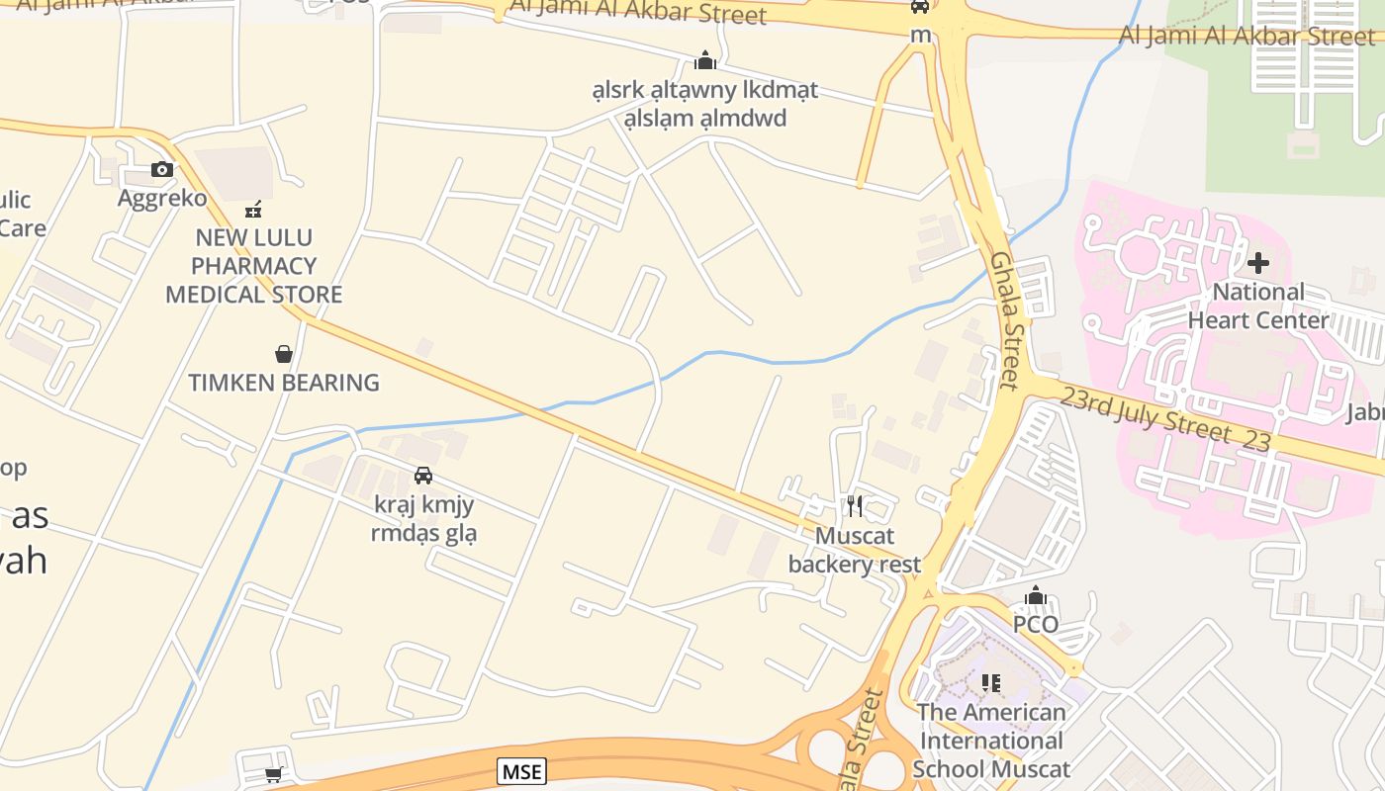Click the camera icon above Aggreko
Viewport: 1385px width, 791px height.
[x=162, y=170]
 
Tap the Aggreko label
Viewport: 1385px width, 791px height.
[x=162, y=199]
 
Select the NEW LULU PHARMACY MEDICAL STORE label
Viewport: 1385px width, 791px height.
[x=254, y=266]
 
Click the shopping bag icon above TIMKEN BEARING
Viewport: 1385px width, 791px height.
[x=284, y=354]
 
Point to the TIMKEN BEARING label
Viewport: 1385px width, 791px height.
[x=284, y=383]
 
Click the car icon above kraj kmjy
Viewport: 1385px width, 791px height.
[x=423, y=476]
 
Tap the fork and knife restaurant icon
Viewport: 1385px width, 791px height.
[x=855, y=507]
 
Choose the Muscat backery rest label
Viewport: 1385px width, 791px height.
[x=855, y=551]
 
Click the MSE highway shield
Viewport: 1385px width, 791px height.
[x=521, y=771]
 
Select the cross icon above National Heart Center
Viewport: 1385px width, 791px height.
[x=1258, y=263]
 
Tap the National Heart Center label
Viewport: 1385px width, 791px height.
[x=1258, y=307]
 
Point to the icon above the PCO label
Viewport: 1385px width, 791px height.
[x=1036, y=595]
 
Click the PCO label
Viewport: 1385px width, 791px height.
[x=1036, y=625]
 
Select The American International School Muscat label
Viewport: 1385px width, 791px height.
[x=991, y=741]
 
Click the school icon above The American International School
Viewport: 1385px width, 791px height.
[x=990, y=683]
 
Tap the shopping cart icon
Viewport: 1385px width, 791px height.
[x=274, y=775]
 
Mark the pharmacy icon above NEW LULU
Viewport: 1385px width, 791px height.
[x=254, y=210]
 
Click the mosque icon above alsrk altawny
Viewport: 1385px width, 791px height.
[x=705, y=61]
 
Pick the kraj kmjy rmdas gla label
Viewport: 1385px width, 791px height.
[x=423, y=519]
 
